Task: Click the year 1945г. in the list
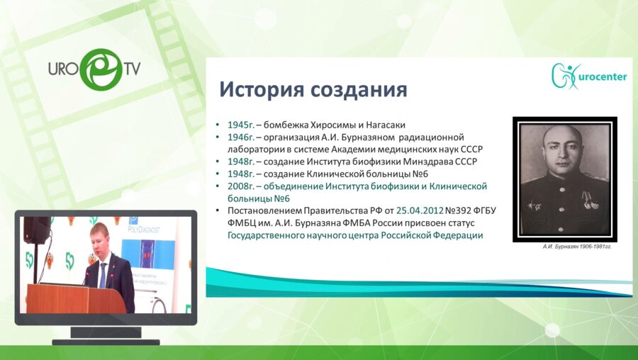pyautogui.click(x=241, y=124)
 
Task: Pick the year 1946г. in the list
pyautogui.click(x=241, y=136)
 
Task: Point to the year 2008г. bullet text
pyautogui.click(x=241, y=186)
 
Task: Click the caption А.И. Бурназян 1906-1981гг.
pyautogui.click(x=565, y=246)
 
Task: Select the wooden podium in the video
pyautogui.click(x=67, y=298)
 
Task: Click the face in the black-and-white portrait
pyautogui.click(x=563, y=152)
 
